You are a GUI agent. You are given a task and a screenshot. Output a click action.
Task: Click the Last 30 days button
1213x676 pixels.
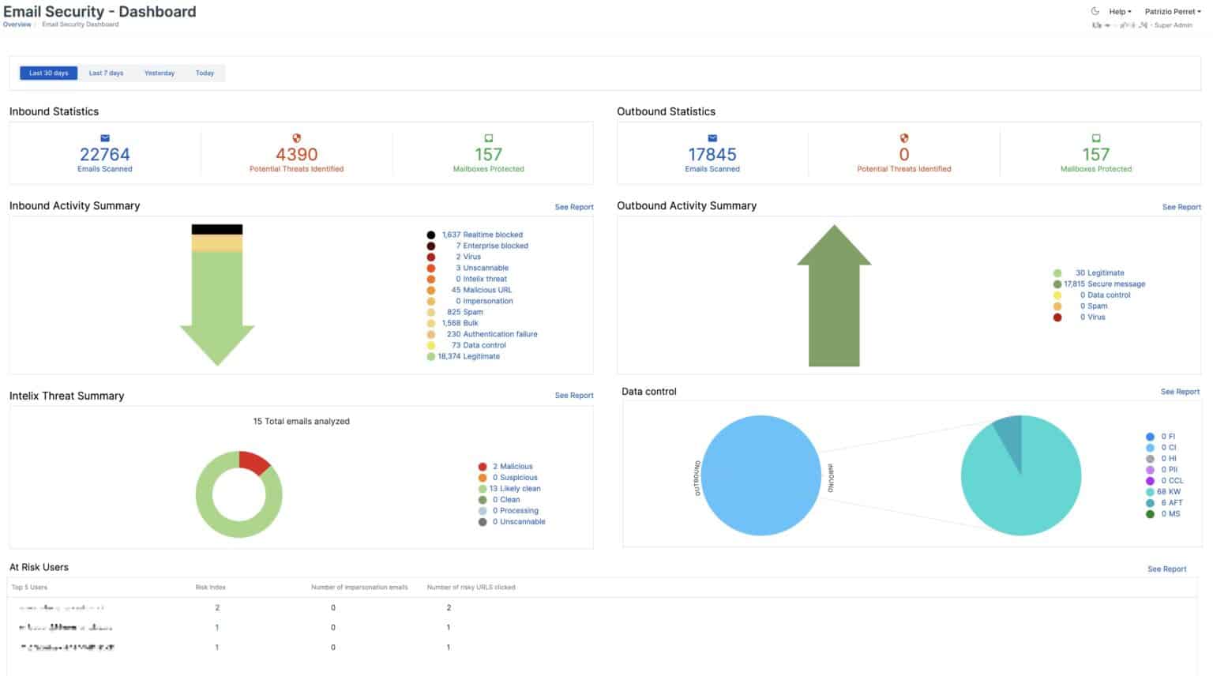[x=48, y=73]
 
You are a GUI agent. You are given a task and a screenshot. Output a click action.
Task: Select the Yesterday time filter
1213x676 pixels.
[x=159, y=73]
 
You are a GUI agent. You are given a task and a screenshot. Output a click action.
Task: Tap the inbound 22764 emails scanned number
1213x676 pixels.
[x=104, y=154]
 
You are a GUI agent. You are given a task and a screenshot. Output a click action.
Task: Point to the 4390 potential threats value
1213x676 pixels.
[x=296, y=154]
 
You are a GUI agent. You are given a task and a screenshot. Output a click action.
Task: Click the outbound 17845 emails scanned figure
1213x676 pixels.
[x=712, y=154]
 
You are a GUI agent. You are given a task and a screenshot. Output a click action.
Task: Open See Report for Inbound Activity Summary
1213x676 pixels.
[x=573, y=207]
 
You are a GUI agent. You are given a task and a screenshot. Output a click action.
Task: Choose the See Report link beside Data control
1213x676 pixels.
[x=1179, y=392]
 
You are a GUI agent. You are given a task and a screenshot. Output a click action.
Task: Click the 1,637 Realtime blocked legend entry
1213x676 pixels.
[x=482, y=235]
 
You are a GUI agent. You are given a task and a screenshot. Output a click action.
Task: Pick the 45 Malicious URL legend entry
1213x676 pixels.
[x=481, y=290]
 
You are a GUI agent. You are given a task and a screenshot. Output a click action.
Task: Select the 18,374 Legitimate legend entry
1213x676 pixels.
[x=468, y=356]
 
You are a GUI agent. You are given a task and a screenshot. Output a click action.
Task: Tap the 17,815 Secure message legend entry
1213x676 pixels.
[x=1104, y=284]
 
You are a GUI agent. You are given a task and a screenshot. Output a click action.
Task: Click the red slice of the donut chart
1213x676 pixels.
[x=254, y=461]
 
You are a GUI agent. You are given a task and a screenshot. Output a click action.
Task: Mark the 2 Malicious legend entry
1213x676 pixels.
[x=512, y=466]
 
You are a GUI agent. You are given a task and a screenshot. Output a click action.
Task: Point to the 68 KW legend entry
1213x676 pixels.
[x=1168, y=491]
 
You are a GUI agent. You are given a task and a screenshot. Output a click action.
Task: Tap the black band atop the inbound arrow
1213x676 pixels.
[x=216, y=230]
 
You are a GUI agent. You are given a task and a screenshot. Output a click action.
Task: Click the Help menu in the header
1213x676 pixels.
[x=1119, y=12]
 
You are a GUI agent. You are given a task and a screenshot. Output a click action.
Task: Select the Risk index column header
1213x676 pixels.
[x=210, y=587]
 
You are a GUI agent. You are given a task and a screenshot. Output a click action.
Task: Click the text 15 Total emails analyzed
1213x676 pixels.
[x=301, y=421]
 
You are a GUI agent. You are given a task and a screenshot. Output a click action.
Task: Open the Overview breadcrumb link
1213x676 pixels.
[x=17, y=24]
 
